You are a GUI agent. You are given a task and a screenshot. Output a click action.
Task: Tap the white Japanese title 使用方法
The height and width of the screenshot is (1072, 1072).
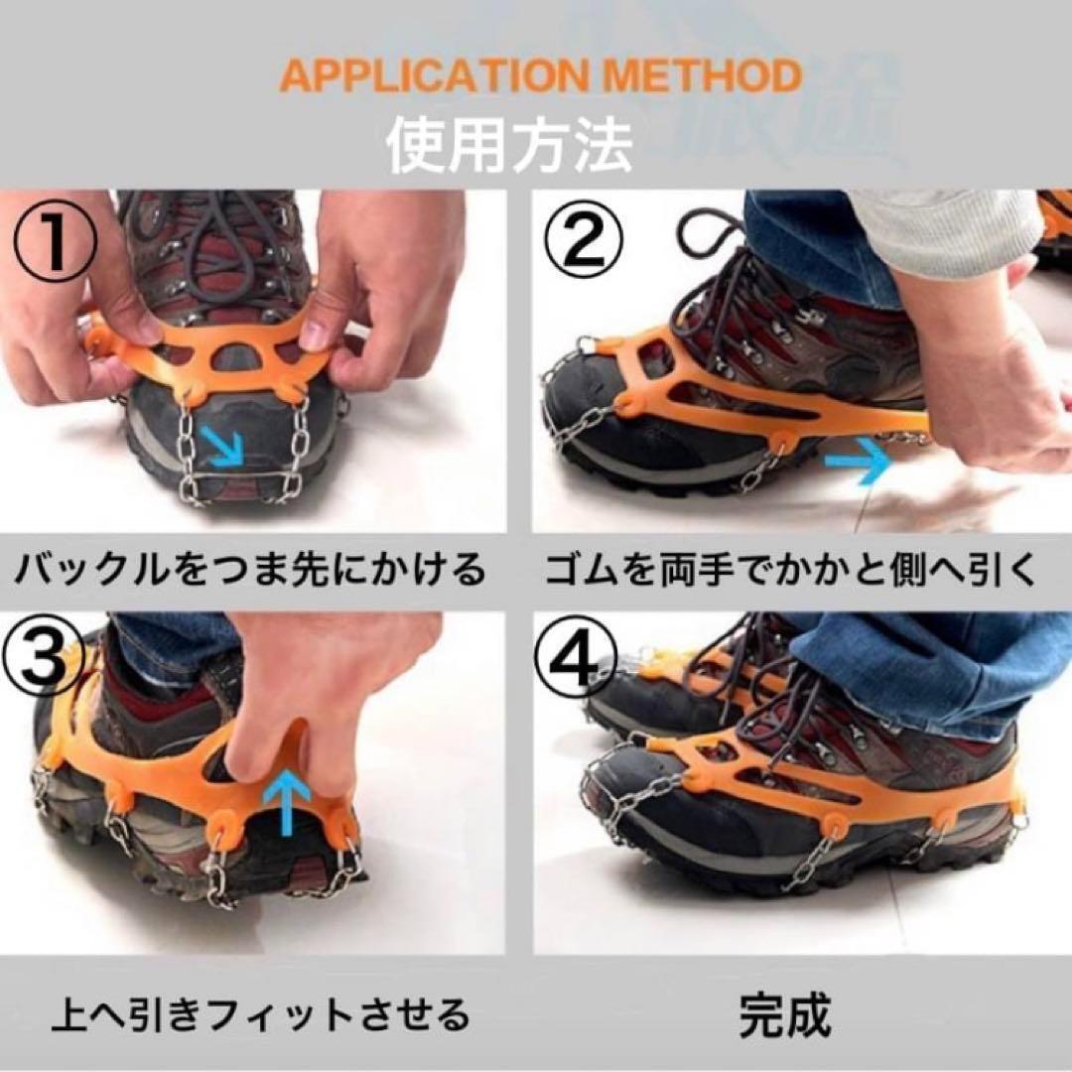pyautogui.click(x=509, y=146)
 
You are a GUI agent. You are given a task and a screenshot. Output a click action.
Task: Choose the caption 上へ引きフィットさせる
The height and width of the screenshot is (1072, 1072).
pyautogui.click(x=261, y=1013)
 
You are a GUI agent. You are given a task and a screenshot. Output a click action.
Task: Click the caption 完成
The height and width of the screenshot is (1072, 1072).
pyautogui.click(x=785, y=1014)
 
